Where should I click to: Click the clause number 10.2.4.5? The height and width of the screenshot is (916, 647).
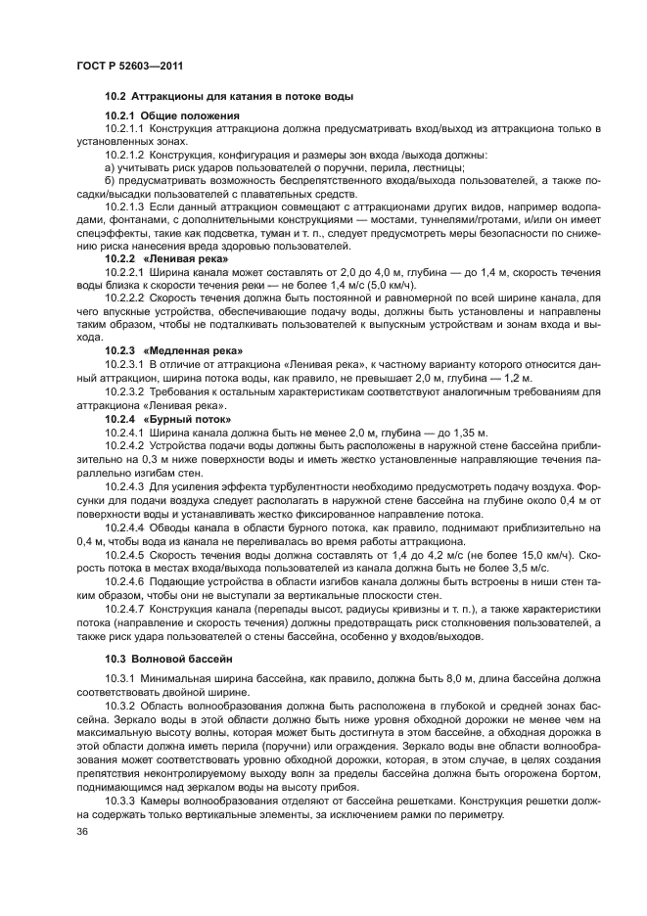pyautogui.click(x=125, y=554)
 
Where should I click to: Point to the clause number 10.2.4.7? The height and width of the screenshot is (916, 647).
pyautogui.click(x=125, y=610)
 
